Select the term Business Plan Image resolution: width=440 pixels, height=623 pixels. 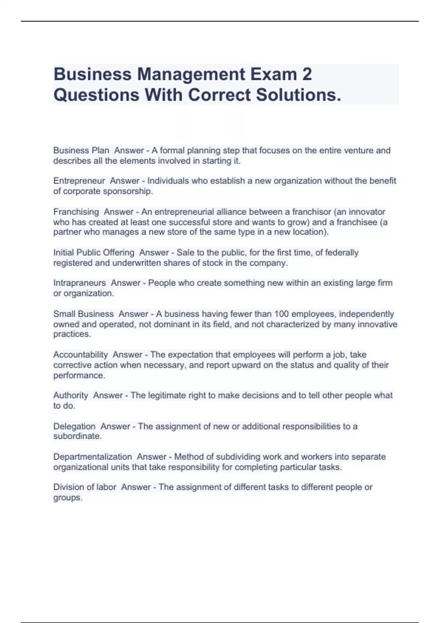coord(81,150)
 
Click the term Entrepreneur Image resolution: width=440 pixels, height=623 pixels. coord(79,181)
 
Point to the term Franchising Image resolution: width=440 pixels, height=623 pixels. coord(76,212)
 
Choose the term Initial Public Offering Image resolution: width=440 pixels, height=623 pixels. coord(94,252)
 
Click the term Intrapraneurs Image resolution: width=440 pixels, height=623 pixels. coord(79,283)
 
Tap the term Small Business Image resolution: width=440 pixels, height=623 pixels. coord(83,314)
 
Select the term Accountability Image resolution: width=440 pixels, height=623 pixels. coord(80,355)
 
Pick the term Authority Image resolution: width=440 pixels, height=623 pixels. coord(70,395)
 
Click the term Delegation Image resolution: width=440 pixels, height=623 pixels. coord(74,426)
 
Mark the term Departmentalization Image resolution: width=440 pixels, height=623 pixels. coord(92,457)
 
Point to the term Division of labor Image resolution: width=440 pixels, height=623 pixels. coord(85,487)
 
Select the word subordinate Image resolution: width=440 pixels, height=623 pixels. coord(77,436)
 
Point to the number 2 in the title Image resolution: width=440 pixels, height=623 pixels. coord(307,74)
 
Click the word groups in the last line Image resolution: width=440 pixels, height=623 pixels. coord(67,498)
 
